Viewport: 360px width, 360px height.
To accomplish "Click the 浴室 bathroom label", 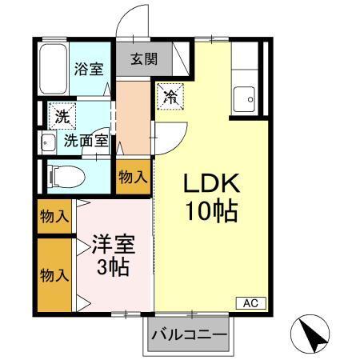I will pos(88,68).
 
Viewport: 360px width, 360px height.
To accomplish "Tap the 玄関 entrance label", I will pos(144,58).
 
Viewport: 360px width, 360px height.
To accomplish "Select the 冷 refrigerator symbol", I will pos(170,97).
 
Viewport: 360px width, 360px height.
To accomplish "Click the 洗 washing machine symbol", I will pos(62,116).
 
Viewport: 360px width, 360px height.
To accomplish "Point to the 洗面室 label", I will pos(86,141).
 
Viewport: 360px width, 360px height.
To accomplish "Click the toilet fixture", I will pos(62,174).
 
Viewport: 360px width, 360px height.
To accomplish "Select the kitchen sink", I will pos(245,100).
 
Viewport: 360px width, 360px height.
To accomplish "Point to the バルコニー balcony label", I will pos(189,334).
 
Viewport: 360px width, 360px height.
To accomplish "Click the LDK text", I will pos(210,183).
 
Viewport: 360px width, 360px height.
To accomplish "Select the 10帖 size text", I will pos(210,212).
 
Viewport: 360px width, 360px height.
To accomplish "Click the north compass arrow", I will pos(314,333).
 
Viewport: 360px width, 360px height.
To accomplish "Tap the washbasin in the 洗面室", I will pos(46,144).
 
